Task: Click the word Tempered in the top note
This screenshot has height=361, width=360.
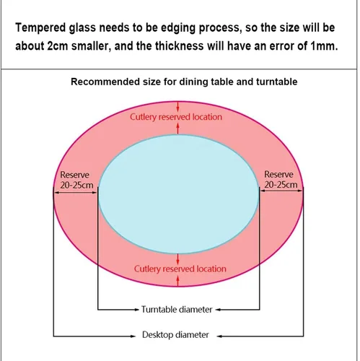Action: coord(40,28)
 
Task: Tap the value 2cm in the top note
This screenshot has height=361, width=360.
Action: coord(58,45)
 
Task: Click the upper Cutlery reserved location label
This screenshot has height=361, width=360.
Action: coord(176,117)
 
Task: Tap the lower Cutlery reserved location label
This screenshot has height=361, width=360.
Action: coord(180,269)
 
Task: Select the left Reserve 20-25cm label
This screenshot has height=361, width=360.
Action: coord(76,180)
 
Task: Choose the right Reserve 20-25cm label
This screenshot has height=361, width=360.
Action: coord(281,180)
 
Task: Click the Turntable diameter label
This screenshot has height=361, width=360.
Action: coord(177,310)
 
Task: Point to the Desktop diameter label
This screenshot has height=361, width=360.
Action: coord(175,335)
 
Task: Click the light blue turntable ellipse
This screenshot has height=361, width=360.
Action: coord(179,194)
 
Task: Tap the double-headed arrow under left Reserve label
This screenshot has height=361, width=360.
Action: coord(75,193)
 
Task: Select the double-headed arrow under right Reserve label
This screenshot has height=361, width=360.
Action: coord(281,191)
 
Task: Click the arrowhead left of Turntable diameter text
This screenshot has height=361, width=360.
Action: coord(137,310)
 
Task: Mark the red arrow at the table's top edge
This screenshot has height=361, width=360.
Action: coord(177,106)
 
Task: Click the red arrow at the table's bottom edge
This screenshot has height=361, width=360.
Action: coord(177,281)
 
